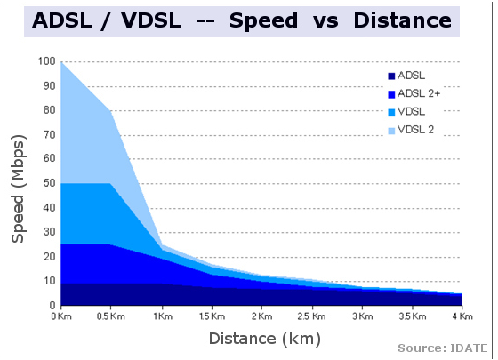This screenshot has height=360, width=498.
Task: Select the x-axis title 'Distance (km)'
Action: click(264, 338)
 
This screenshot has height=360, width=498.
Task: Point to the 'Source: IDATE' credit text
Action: click(444, 348)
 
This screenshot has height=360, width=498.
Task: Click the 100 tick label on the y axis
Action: click(46, 62)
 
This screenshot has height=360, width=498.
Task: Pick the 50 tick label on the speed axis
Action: click(49, 183)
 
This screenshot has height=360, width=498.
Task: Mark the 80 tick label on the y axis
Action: click(49, 111)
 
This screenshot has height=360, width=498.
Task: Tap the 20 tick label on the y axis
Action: click(49, 257)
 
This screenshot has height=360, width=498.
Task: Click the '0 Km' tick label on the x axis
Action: click(60, 316)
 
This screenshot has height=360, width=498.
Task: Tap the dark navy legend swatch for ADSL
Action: click(391, 76)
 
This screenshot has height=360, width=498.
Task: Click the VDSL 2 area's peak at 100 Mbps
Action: click(61, 63)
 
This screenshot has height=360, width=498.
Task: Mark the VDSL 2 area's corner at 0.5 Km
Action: click(111, 111)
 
